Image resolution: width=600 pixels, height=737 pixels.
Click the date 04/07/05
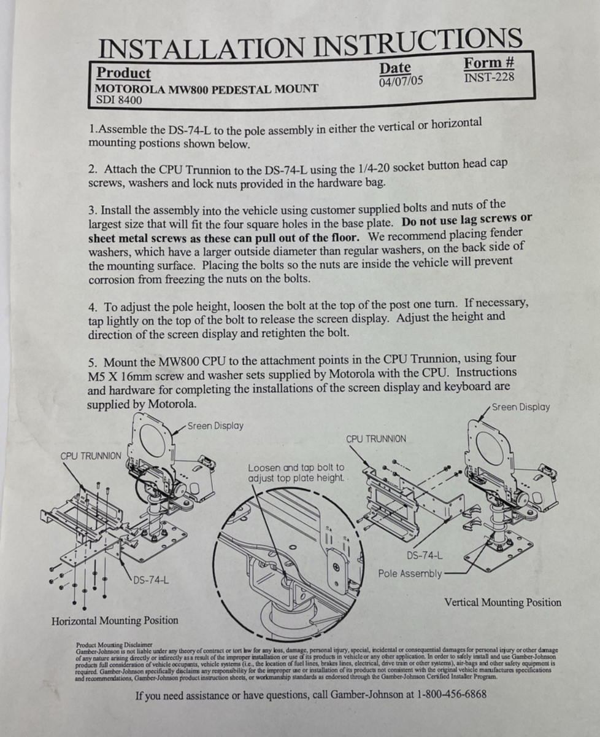pyautogui.click(x=401, y=81)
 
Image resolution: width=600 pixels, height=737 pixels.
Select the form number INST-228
pyautogui.click(x=489, y=77)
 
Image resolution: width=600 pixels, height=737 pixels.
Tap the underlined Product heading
pyautogui.click(x=123, y=73)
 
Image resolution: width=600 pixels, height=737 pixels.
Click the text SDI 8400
pyautogui.click(x=119, y=100)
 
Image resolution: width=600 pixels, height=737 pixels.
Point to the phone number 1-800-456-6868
pyautogui.click(x=452, y=694)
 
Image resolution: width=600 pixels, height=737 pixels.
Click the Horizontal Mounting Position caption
pyautogui.click(x=115, y=621)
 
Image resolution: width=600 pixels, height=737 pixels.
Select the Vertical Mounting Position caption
pyautogui.click(x=503, y=602)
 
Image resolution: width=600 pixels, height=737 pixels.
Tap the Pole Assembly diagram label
pyautogui.click(x=410, y=574)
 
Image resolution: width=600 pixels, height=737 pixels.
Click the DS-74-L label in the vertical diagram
pyautogui.click(x=425, y=555)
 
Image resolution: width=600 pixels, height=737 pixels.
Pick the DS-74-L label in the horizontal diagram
pyautogui.click(x=151, y=580)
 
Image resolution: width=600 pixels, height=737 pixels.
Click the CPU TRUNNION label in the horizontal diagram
pyautogui.click(x=91, y=456)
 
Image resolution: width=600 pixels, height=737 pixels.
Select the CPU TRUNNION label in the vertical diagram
pyautogui.click(x=376, y=439)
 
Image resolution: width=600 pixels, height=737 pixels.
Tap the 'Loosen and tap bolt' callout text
pyautogui.click(x=296, y=473)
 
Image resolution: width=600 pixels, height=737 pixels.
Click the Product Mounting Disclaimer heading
pyautogui.click(x=114, y=645)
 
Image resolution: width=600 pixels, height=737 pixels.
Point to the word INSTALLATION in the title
pyautogui.click(x=201, y=48)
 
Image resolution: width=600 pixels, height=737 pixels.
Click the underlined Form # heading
pyautogui.click(x=489, y=63)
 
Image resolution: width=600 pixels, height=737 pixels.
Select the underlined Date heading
pyautogui.click(x=395, y=68)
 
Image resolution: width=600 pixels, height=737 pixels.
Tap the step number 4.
pyautogui.click(x=92, y=307)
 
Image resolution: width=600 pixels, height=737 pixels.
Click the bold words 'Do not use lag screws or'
pyautogui.click(x=467, y=220)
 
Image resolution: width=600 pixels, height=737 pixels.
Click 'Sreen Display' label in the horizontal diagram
pyautogui.click(x=215, y=426)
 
